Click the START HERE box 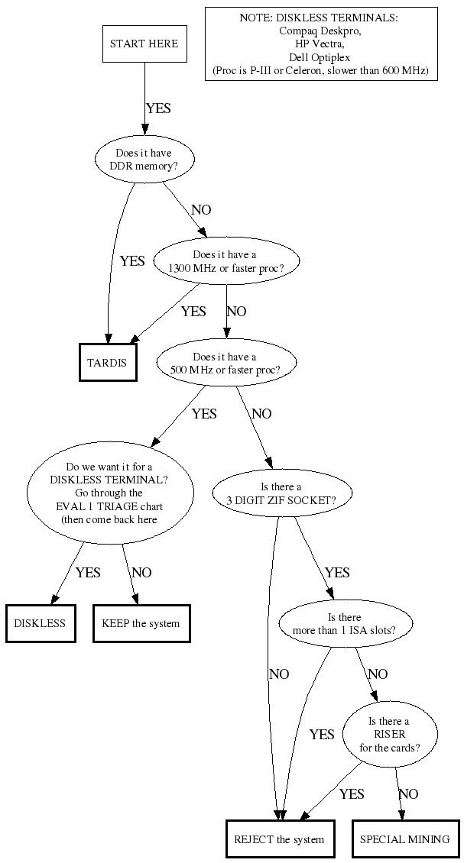[144, 44]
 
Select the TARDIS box [109, 362]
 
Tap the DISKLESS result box [40, 623]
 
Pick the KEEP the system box [141, 623]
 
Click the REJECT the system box [279, 839]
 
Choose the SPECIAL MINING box [404, 839]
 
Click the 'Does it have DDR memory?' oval [144, 159]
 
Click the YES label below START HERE [158, 108]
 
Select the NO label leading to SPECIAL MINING [408, 794]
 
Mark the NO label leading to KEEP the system [141, 573]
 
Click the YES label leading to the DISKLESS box [88, 573]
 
